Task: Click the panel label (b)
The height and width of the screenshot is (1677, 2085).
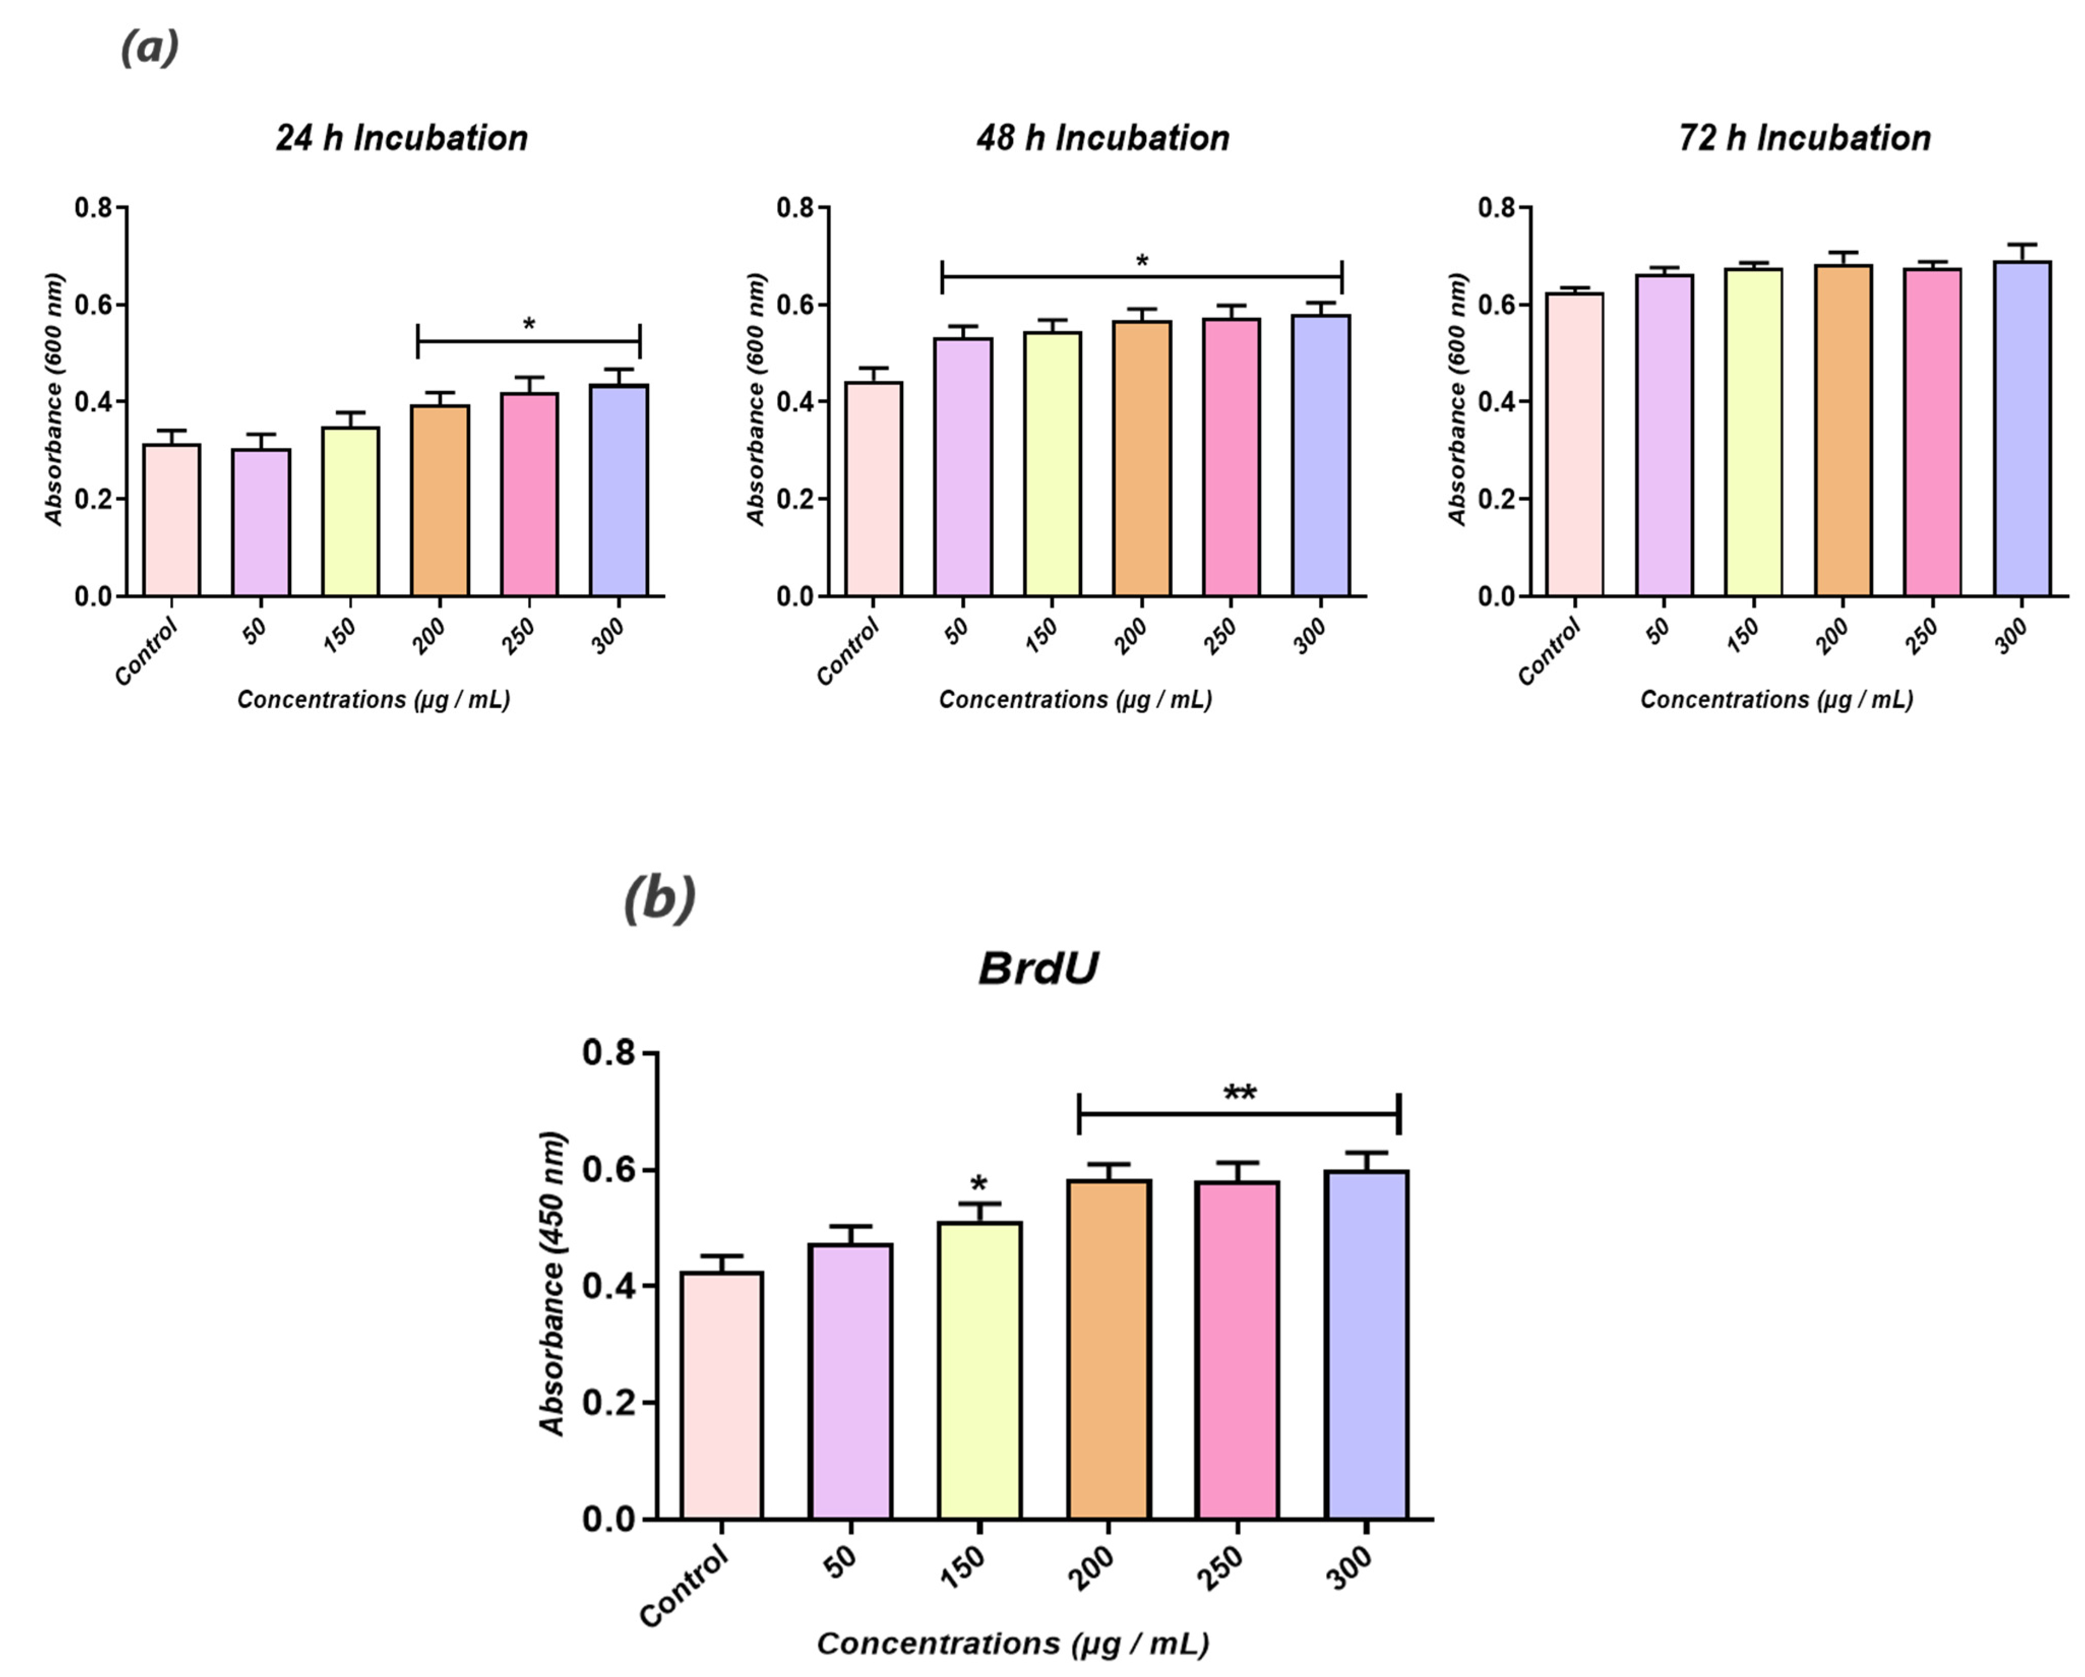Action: (660, 898)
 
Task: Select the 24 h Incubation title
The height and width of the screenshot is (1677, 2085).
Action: (402, 138)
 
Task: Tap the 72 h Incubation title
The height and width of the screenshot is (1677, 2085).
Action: (1804, 138)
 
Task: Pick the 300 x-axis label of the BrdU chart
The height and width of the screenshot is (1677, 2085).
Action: (1350, 1568)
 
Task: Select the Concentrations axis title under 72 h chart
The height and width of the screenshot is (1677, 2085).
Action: (1776, 700)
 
